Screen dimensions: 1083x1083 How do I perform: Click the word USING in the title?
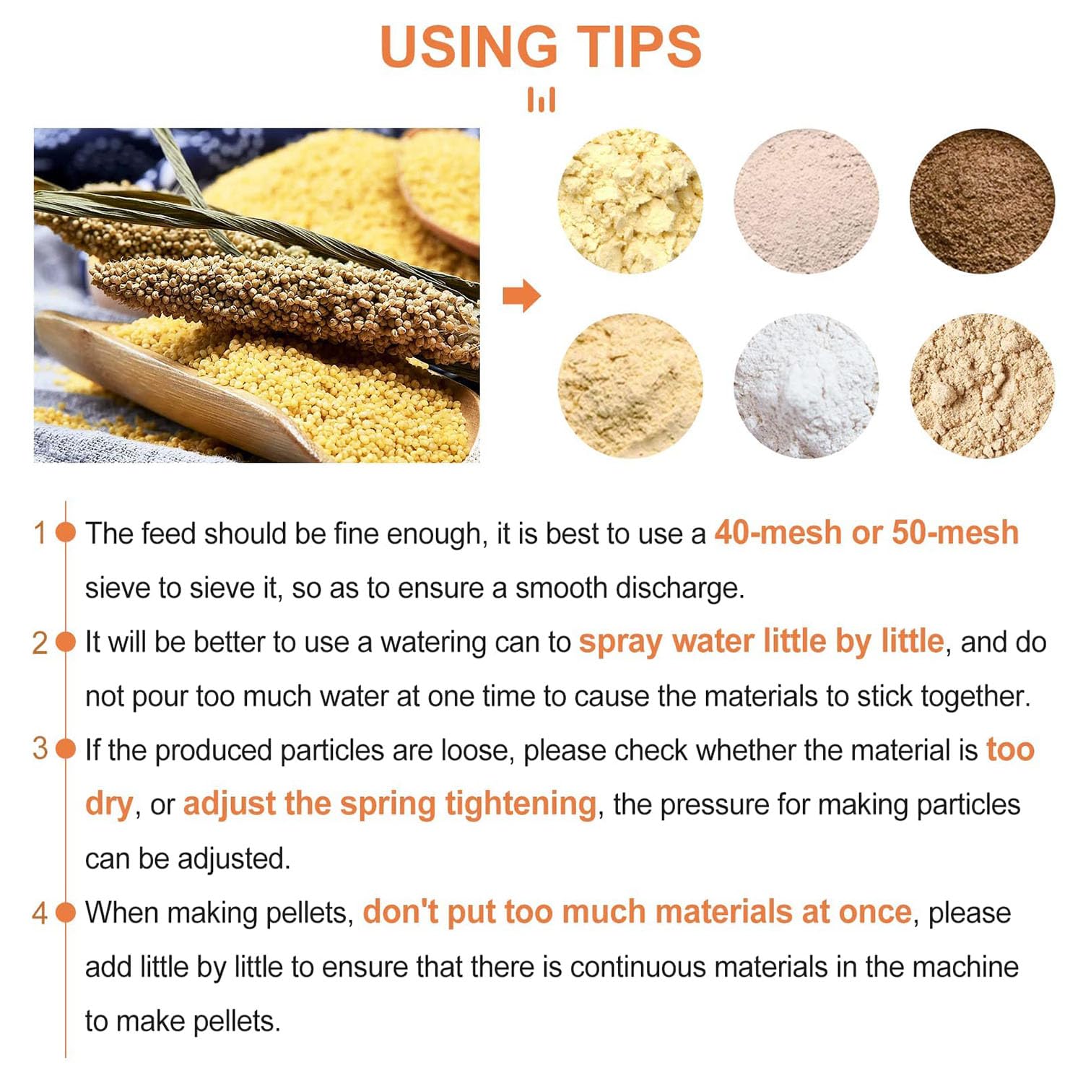pos(469,47)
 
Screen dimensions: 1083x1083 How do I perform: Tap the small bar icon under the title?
pos(541,100)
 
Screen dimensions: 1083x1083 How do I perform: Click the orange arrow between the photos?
pos(521,295)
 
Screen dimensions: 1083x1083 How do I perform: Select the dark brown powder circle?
pos(982,201)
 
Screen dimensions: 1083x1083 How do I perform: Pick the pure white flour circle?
pos(806,386)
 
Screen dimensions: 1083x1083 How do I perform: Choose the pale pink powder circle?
pos(806,201)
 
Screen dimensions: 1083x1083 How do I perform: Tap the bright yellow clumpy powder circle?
pos(630,201)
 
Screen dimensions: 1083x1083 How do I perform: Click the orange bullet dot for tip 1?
pos(66,533)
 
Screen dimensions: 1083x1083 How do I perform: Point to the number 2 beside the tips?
pos(40,643)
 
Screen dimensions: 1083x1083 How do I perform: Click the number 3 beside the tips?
pos(40,749)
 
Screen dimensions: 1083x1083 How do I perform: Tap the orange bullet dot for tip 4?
pos(66,913)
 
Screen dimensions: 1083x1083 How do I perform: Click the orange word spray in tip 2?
pos(621,643)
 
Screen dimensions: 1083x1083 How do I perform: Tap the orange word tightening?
pos(521,804)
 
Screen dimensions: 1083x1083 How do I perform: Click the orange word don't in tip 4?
pos(400,912)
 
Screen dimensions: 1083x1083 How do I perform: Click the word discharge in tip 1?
pos(679,588)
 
